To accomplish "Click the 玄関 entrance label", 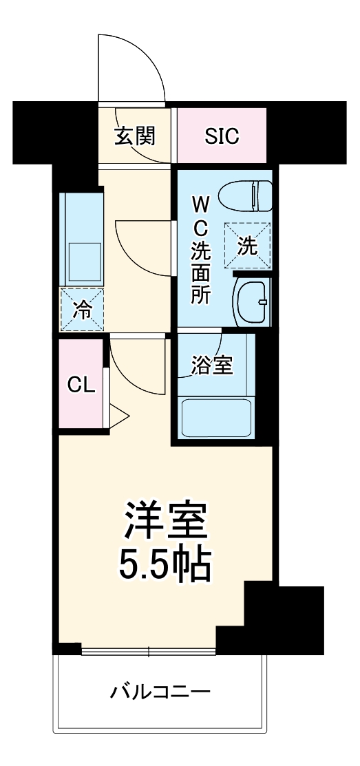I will point(134,136).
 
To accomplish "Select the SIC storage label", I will point(222,136).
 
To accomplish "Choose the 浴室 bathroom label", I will point(211,364).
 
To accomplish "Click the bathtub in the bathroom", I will point(216,418).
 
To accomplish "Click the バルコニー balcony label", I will point(160,690).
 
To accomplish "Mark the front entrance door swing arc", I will point(131,65).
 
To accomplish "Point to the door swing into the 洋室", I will point(136,368).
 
